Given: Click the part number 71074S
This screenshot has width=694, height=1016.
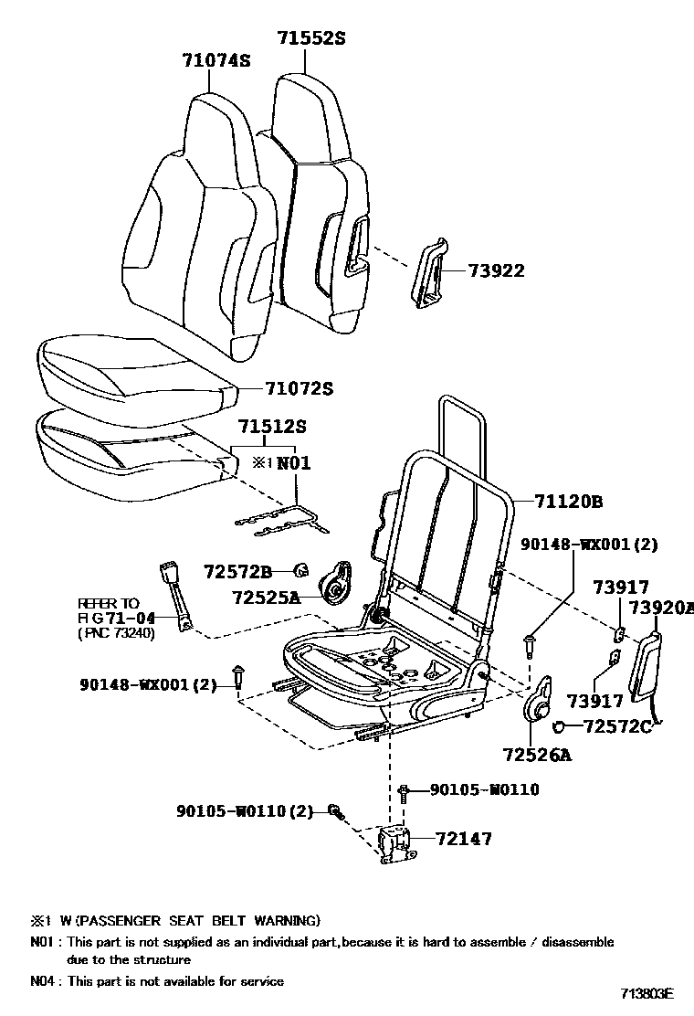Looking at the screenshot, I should click(x=216, y=61).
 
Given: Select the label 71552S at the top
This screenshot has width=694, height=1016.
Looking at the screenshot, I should click(x=311, y=37).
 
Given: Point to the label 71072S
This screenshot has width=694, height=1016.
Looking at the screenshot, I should click(x=299, y=388).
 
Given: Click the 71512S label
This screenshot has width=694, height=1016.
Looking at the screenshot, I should click(x=271, y=427).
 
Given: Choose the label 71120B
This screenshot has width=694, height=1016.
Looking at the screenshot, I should click(x=569, y=502).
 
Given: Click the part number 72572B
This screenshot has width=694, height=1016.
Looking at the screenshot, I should click(x=237, y=572).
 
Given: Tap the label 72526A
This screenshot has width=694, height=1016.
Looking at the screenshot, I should click(x=536, y=755).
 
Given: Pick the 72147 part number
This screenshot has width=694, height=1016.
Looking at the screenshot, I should click(x=463, y=838).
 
